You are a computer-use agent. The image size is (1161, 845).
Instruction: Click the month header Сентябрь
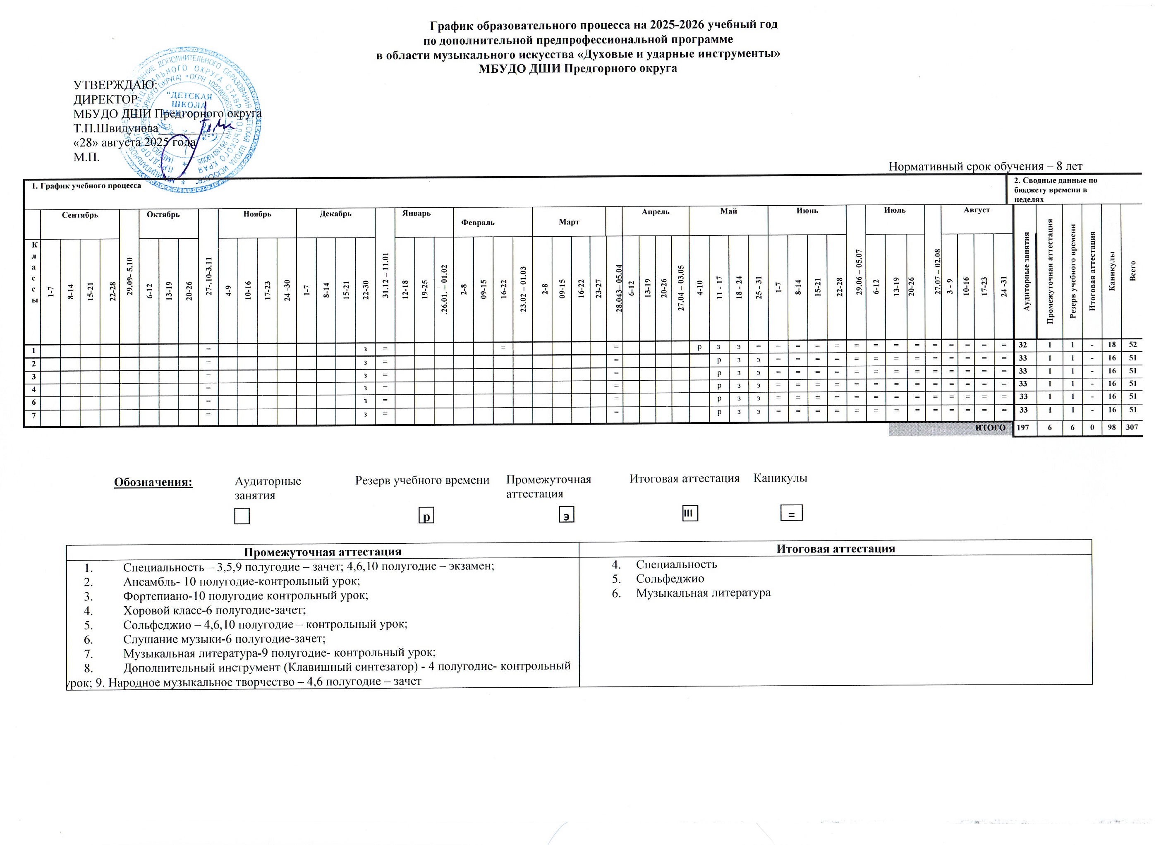tap(80, 215)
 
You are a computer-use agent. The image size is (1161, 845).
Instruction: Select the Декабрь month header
tap(335, 214)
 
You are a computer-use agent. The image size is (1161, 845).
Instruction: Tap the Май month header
tap(728, 211)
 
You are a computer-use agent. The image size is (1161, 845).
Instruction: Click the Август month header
tap(976, 210)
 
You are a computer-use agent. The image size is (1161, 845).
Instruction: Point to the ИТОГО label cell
tap(990, 427)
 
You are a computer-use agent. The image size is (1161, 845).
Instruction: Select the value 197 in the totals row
tap(1023, 427)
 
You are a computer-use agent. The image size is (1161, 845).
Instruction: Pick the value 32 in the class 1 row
tap(1023, 345)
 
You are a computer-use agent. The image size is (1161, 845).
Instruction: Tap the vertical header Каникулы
tap(1111, 271)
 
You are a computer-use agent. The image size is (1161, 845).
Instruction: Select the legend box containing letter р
tap(426, 515)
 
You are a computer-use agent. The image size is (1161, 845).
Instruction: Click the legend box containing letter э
tap(566, 515)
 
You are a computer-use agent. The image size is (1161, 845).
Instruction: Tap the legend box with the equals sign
tap(791, 513)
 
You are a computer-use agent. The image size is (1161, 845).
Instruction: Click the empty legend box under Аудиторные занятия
tap(242, 516)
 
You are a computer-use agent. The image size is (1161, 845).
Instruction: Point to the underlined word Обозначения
tap(153, 482)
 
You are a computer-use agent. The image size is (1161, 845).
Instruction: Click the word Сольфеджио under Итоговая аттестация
tap(670, 579)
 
